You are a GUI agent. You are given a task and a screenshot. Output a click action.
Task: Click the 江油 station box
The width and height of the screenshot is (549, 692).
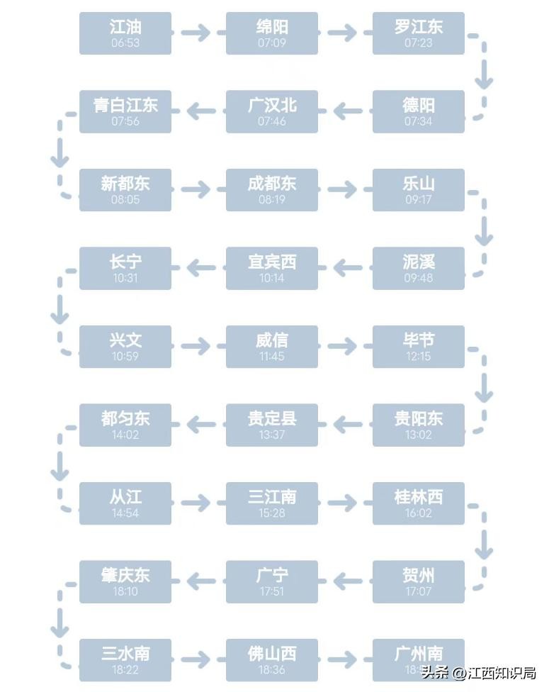point(125,33)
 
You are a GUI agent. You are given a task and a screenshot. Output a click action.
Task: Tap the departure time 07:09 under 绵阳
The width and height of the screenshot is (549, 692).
point(272,43)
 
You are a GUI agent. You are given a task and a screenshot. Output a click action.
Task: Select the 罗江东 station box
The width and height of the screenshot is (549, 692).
point(419,33)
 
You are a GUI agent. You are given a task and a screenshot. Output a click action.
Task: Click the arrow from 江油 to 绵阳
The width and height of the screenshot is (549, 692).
point(198,33)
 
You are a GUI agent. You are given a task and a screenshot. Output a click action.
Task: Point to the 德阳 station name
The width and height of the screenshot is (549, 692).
point(419,106)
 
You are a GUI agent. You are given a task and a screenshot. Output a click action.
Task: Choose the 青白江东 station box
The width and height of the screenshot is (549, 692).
point(125,111)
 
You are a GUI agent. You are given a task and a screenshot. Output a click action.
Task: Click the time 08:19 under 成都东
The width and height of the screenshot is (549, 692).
point(272,200)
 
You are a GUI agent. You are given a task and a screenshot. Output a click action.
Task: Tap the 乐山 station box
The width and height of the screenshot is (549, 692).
point(419,190)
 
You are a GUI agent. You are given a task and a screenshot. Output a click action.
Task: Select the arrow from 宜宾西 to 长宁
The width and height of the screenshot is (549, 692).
point(198,268)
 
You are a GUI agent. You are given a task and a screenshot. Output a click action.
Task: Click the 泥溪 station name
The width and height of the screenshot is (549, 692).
point(419,262)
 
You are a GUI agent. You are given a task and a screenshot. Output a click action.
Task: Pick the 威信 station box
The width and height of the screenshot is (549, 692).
point(272,347)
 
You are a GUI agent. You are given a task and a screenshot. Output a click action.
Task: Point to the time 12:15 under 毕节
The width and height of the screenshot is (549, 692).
point(419,357)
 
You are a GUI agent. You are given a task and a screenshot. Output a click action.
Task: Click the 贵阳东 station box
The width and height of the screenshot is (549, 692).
point(419,425)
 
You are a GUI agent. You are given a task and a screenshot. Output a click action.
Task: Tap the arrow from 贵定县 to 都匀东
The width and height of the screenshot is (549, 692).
point(198,425)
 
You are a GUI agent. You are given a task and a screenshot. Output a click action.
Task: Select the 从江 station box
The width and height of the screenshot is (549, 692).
point(125,503)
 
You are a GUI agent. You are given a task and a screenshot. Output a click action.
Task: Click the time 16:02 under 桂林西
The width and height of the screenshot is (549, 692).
point(419,513)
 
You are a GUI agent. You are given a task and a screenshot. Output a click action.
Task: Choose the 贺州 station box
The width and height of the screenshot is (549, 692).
point(419,581)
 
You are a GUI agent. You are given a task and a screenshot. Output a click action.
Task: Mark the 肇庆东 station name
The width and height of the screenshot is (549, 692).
point(125,575)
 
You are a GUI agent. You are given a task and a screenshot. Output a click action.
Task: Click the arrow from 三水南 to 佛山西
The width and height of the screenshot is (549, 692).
point(198,660)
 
